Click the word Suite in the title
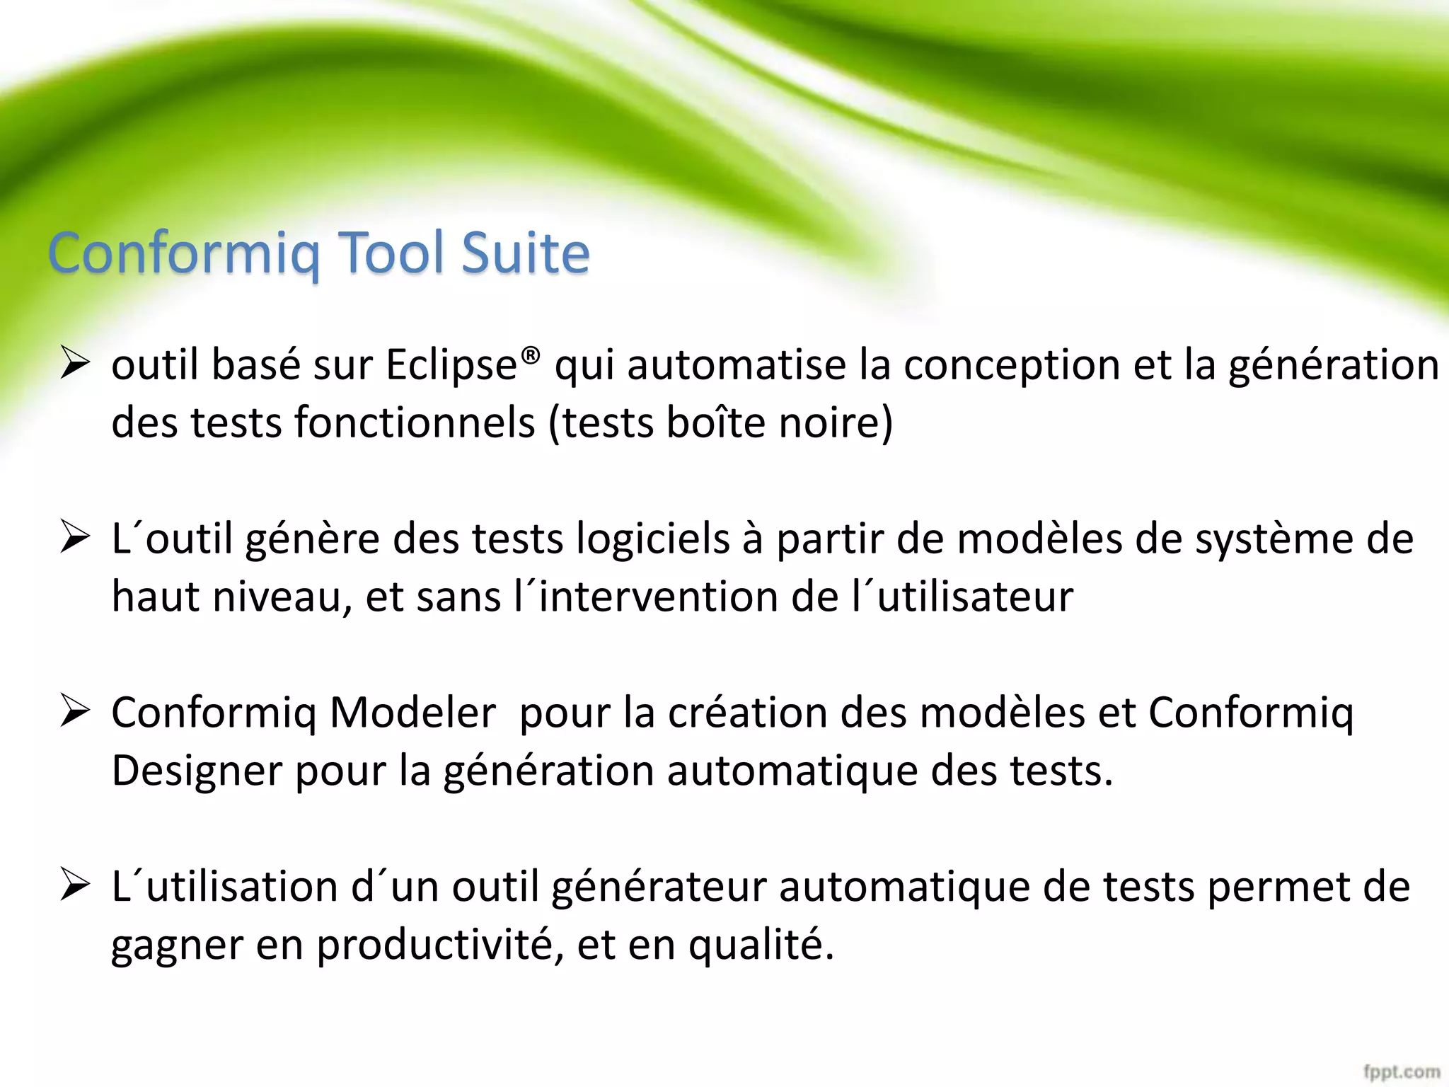(x=525, y=253)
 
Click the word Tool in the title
(x=392, y=253)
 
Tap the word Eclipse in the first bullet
(x=451, y=367)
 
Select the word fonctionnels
(x=415, y=423)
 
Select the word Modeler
(x=412, y=713)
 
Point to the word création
(x=748, y=713)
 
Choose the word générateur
(x=659, y=887)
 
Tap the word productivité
(x=439, y=945)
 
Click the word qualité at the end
(x=761, y=945)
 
